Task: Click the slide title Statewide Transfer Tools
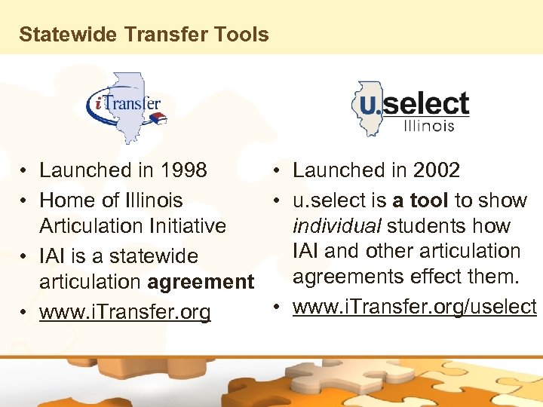click(x=143, y=35)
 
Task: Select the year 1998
click(x=184, y=170)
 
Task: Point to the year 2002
click(x=437, y=170)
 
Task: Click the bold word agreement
click(x=201, y=282)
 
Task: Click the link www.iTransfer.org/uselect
click(x=414, y=307)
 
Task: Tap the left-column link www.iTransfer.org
click(x=125, y=312)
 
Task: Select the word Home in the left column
click(x=63, y=200)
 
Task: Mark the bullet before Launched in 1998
click(x=25, y=171)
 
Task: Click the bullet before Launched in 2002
click(x=278, y=171)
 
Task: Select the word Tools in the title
click(x=244, y=35)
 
